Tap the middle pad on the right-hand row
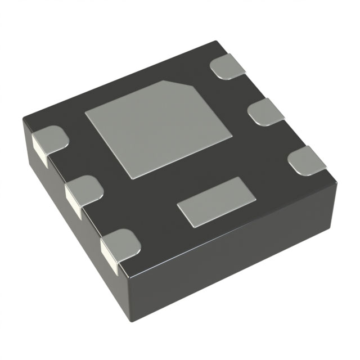(x=267, y=112)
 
